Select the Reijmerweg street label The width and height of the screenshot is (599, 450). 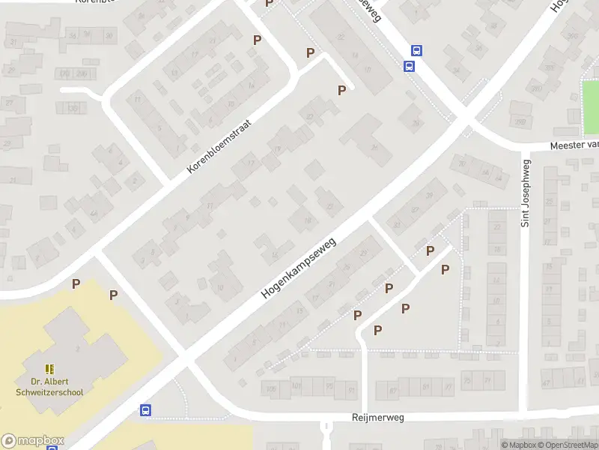tap(377, 418)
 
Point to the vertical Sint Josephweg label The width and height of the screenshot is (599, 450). tap(526, 193)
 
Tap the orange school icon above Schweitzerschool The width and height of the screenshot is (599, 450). tap(50, 369)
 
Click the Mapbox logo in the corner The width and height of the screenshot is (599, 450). tap(33, 441)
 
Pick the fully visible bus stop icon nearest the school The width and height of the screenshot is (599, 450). tap(146, 410)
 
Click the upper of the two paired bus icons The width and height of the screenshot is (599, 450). tap(417, 51)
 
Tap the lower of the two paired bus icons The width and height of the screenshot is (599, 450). tap(409, 66)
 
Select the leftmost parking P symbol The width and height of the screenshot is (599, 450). tap(76, 283)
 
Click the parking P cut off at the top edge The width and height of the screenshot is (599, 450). tap(270, 4)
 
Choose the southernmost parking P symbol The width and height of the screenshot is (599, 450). tap(378, 330)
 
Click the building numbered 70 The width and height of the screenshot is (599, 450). tap(461, 164)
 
